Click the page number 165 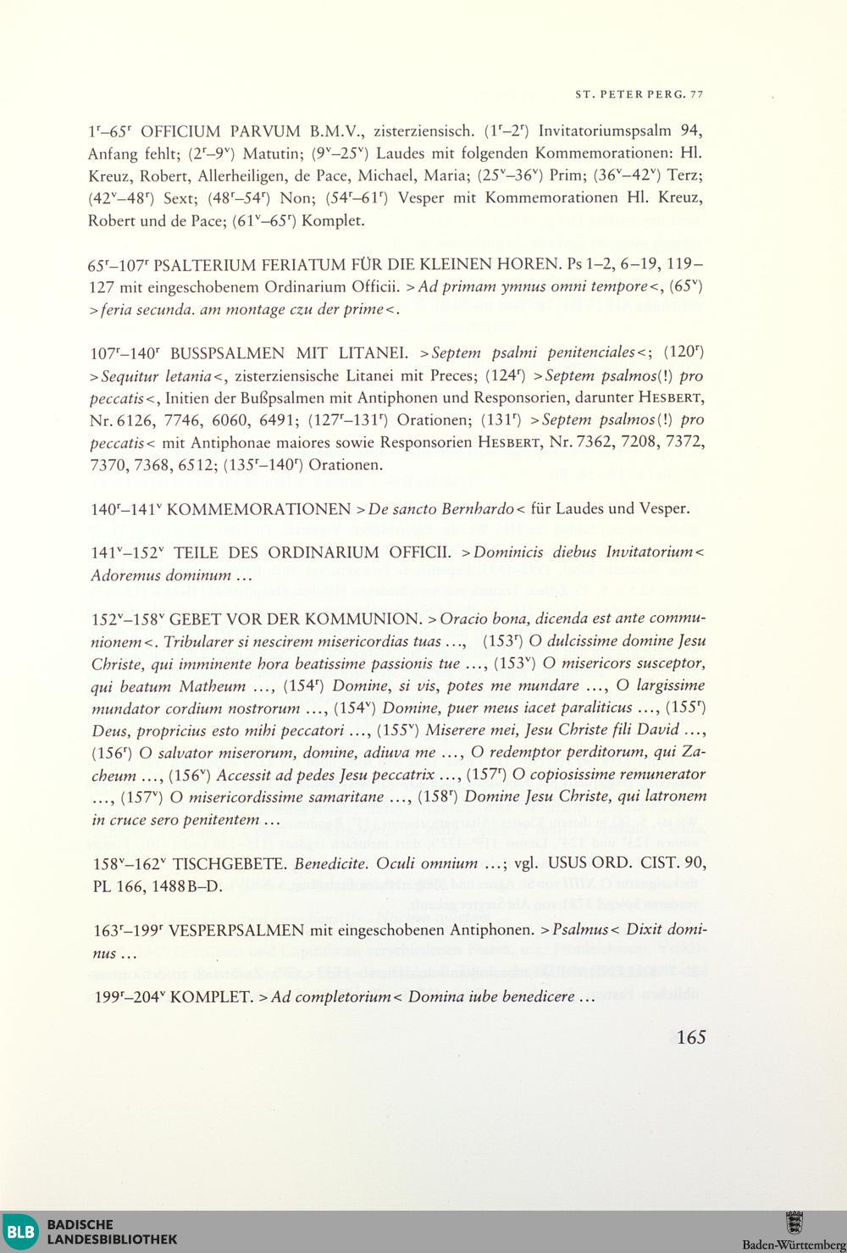pyautogui.click(x=691, y=1038)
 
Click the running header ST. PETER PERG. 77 pyautogui.click(x=639, y=94)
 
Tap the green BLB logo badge pyautogui.click(x=19, y=1232)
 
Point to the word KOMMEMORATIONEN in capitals pyautogui.click(x=259, y=509)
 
